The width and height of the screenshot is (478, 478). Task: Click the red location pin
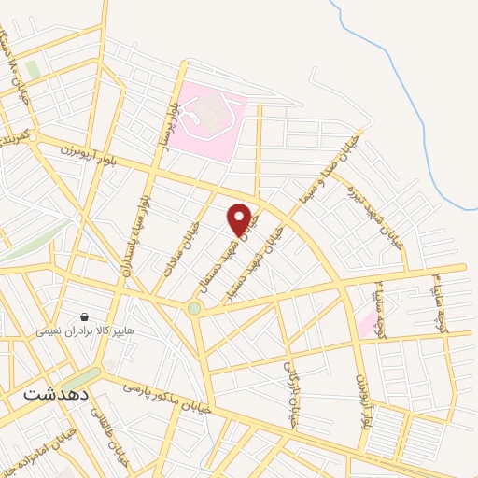point(240,218)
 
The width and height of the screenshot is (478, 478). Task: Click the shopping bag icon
point(85,317)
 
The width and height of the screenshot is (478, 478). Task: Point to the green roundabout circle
point(193,308)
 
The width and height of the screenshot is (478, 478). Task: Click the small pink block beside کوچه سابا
point(367,325)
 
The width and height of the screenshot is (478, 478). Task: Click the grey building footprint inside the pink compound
point(214,115)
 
